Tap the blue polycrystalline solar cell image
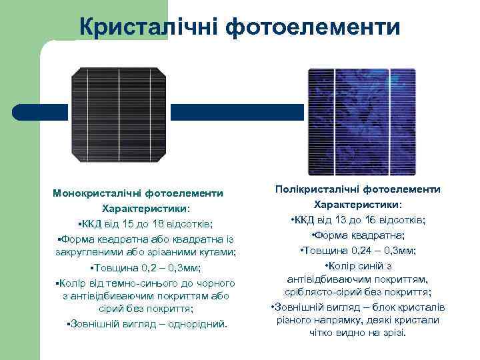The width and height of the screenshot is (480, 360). point(359,119)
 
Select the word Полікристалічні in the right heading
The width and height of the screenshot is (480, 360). point(321,189)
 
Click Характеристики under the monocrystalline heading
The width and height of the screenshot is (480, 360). point(136,208)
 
